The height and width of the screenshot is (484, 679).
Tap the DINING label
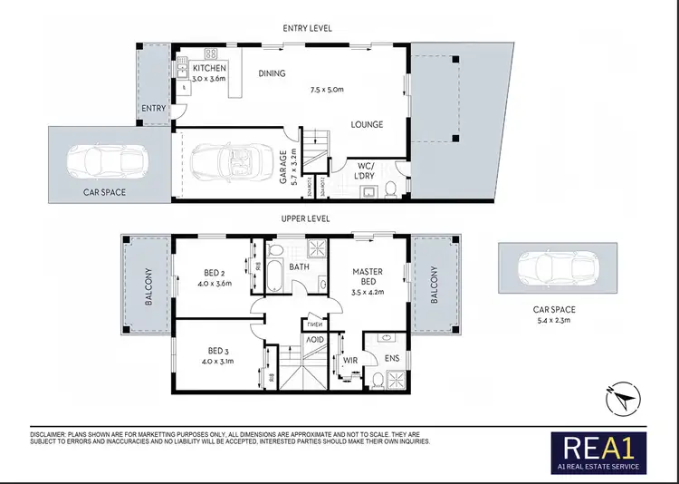[x=272, y=73]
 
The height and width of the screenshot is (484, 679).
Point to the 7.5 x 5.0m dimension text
[x=327, y=90]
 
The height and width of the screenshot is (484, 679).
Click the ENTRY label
[x=153, y=109]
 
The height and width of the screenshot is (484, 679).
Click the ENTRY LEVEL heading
[x=307, y=28]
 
